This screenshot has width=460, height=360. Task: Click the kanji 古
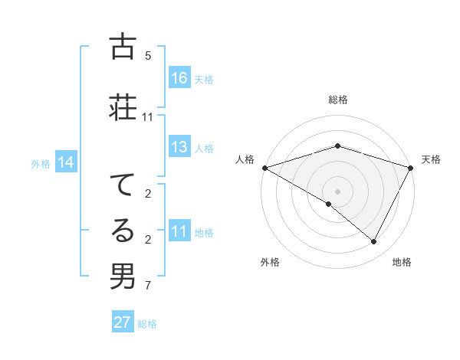click(122, 47)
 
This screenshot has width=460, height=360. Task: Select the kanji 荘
click(122, 107)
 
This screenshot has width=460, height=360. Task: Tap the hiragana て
click(122, 185)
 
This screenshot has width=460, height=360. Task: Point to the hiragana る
click(122, 231)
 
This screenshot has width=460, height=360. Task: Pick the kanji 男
click(122, 277)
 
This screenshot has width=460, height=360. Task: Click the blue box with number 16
click(179, 78)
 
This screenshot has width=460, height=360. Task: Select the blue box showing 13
click(179, 148)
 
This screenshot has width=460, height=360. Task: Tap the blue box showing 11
click(179, 232)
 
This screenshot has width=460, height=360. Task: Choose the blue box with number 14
click(66, 162)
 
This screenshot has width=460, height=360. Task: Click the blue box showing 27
click(123, 322)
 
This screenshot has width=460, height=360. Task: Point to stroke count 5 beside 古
click(148, 56)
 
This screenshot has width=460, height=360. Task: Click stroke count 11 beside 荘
click(148, 117)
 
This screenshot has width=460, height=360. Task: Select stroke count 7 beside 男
click(148, 286)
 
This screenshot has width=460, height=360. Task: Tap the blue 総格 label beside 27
click(147, 324)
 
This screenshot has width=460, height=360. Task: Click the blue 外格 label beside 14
click(41, 163)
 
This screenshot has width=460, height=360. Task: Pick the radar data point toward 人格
click(264, 167)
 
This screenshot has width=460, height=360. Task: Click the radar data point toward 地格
click(374, 241)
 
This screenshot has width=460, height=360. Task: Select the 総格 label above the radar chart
click(338, 100)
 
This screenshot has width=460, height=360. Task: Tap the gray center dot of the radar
click(337, 191)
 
